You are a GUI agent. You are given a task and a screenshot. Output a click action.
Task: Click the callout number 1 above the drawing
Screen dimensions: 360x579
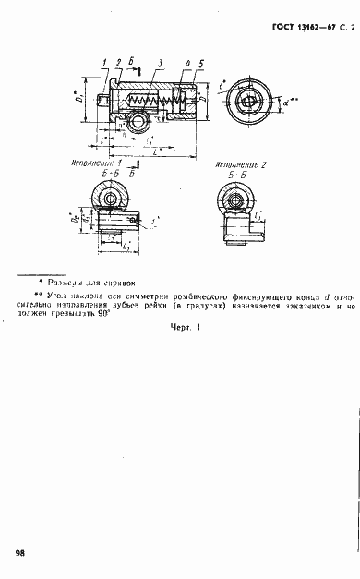106,62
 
